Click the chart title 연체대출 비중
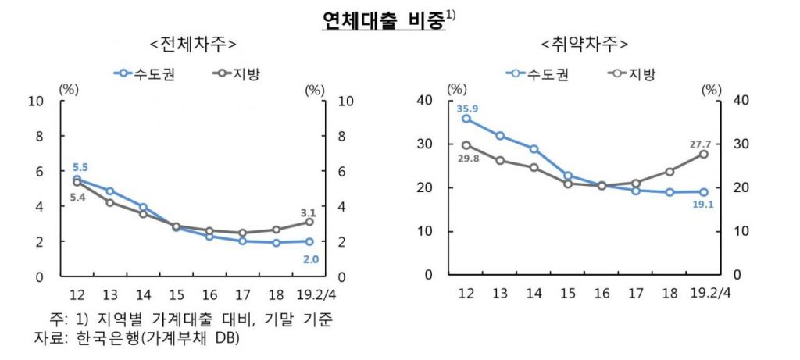[x=383, y=20]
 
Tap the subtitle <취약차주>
[x=584, y=43]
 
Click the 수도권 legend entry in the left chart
[x=152, y=73]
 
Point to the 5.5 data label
[x=80, y=167]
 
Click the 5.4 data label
[x=78, y=198]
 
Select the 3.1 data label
[x=308, y=212]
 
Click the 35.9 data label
[x=468, y=107]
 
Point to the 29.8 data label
[x=468, y=159]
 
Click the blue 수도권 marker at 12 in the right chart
[x=466, y=119]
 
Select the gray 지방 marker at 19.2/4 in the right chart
[x=704, y=155]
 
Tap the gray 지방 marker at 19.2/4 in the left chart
[x=309, y=223]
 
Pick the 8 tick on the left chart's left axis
[x=39, y=136]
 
